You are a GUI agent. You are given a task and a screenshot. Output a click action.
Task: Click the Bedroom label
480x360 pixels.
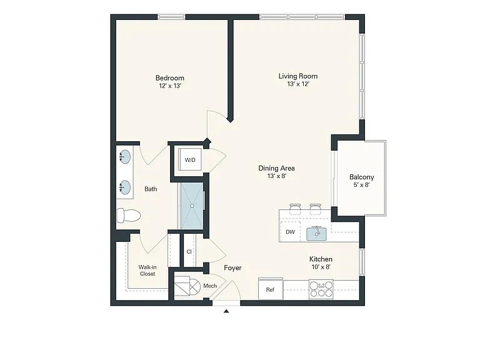170,77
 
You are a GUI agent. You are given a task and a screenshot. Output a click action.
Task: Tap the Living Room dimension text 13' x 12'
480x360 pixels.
298,84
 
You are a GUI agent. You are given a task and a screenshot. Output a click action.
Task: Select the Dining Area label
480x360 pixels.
276,168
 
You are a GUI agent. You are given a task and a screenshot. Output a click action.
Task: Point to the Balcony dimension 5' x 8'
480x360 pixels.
361,185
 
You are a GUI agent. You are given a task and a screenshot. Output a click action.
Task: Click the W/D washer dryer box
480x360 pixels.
190,159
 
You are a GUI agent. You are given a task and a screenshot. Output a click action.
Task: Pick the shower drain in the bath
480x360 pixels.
192,206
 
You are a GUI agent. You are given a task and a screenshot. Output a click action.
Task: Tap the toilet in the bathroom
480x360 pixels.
129,216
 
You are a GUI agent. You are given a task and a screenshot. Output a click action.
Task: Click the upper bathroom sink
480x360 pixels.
125,157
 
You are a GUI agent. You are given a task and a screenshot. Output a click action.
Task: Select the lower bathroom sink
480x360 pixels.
125,187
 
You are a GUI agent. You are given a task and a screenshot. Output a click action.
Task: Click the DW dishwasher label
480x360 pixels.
290,232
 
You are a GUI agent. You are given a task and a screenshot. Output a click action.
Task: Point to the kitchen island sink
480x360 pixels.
317,234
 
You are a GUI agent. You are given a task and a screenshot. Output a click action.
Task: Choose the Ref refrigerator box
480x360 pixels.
270,289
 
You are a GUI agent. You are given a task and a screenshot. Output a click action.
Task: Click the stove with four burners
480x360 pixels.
321,289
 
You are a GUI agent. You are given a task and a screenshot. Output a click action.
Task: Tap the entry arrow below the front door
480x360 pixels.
226,311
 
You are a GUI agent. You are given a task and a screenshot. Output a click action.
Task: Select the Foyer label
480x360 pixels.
232,268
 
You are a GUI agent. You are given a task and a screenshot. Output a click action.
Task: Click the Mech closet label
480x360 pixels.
210,286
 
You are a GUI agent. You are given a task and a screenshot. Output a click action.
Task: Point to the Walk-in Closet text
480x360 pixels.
147,271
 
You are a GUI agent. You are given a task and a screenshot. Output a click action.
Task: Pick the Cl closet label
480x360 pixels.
189,252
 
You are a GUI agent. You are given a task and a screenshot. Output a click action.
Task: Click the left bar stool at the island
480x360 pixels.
295,209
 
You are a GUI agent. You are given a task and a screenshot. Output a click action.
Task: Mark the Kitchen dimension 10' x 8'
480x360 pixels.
321,267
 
